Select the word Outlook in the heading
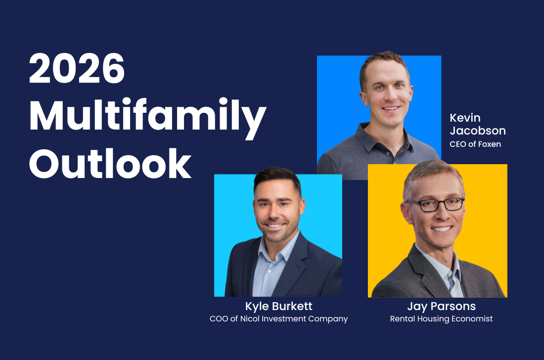110,163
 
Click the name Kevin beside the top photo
465,118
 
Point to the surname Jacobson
478,131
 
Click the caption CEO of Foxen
475,144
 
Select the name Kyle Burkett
278,306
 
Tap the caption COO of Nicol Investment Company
278,319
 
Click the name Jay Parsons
441,306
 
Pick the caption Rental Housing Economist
441,319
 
